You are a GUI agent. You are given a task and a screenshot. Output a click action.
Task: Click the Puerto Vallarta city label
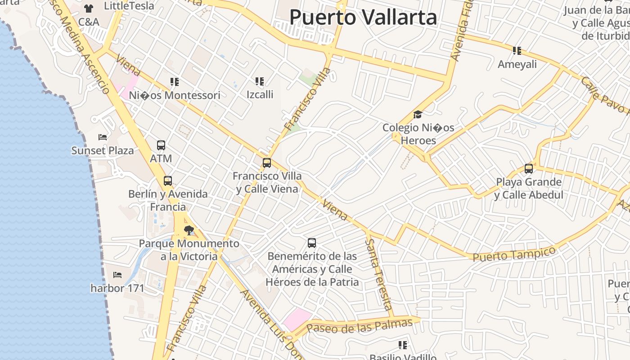click(363, 18)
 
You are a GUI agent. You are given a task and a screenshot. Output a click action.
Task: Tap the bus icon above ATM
click(161, 145)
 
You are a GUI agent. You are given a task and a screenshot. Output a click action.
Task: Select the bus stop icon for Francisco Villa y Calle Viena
click(267, 163)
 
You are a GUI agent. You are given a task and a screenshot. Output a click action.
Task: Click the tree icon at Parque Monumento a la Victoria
click(189, 230)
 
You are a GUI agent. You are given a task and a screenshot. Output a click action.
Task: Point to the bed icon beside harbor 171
click(117, 274)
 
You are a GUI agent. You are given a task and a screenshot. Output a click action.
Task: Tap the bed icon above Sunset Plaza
click(103, 137)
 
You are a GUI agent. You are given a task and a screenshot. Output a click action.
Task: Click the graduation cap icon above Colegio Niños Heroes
click(418, 115)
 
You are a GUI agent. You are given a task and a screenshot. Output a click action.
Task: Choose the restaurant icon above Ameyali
click(517, 51)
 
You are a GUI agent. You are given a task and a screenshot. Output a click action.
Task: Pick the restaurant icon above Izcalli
click(260, 81)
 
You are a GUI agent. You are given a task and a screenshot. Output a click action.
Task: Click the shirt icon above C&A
click(89, 9)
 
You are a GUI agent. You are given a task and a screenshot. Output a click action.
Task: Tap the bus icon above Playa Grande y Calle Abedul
click(529, 169)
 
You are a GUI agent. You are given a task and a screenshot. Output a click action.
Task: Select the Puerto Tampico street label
click(514, 254)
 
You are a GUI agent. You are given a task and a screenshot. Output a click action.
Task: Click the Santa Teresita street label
click(378, 274)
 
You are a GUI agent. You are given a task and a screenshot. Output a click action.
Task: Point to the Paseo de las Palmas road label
click(361, 326)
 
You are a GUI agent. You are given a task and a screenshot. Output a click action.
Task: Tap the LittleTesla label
click(129, 6)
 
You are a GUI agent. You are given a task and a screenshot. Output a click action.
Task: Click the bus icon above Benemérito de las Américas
click(312, 243)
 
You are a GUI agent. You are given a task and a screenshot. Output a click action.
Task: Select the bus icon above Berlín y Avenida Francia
click(168, 181)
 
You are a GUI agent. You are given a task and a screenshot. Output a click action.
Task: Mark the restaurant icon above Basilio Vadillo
click(403, 345)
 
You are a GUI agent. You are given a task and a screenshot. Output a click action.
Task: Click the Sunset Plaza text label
click(103, 151)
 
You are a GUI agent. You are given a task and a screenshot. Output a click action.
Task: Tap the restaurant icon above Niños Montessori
click(175, 82)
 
